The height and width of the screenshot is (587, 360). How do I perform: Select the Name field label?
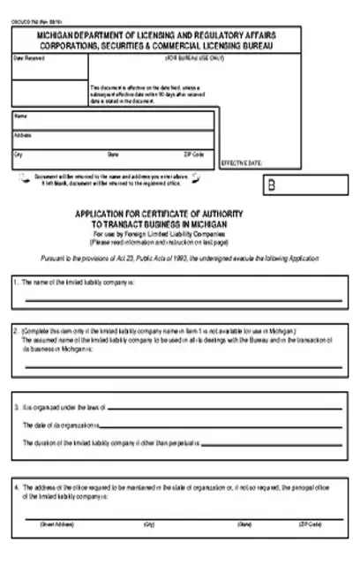click(x=21, y=116)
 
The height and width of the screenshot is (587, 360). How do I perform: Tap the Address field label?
click(x=24, y=135)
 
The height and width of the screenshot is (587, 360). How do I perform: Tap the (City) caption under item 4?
click(x=147, y=524)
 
